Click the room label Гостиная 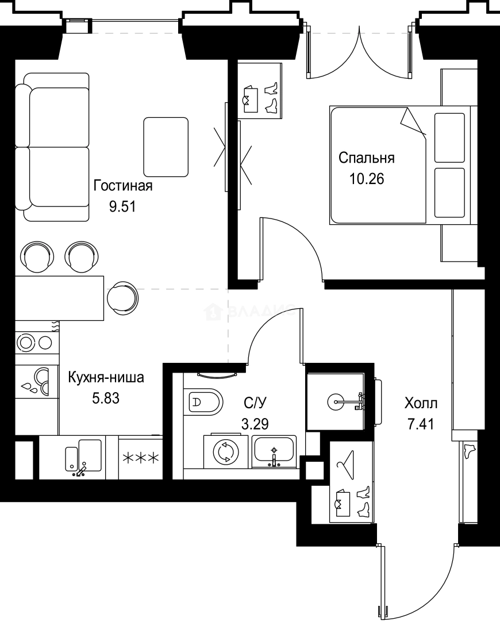[122, 186]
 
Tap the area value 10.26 [367, 178]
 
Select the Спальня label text [366, 158]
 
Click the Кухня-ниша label [106, 378]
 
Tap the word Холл [421, 402]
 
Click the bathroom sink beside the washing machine [274, 451]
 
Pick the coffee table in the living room [166, 147]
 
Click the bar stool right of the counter [123, 297]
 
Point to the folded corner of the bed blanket [413, 122]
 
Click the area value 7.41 [420, 425]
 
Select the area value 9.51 [122, 206]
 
